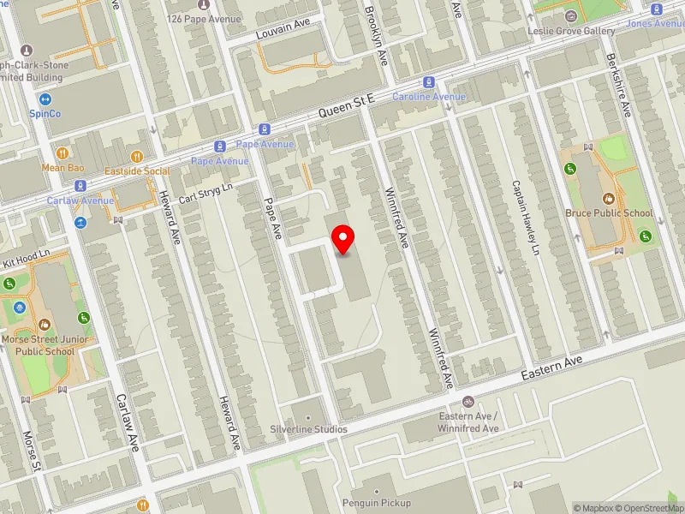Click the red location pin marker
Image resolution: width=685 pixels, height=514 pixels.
(x=343, y=239)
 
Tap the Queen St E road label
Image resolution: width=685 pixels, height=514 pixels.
(x=347, y=107)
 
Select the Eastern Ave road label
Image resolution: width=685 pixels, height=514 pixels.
(x=553, y=369)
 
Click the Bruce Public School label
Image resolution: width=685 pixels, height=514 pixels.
(x=609, y=213)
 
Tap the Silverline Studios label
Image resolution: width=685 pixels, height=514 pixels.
(x=308, y=428)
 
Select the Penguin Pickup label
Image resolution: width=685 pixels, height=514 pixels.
(x=377, y=503)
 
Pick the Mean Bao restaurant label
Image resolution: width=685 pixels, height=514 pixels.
(x=63, y=168)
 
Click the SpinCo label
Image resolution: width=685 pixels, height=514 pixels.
(x=45, y=113)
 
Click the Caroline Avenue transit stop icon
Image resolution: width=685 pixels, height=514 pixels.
(x=429, y=83)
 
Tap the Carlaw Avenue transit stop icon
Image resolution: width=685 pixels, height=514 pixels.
(x=80, y=186)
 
